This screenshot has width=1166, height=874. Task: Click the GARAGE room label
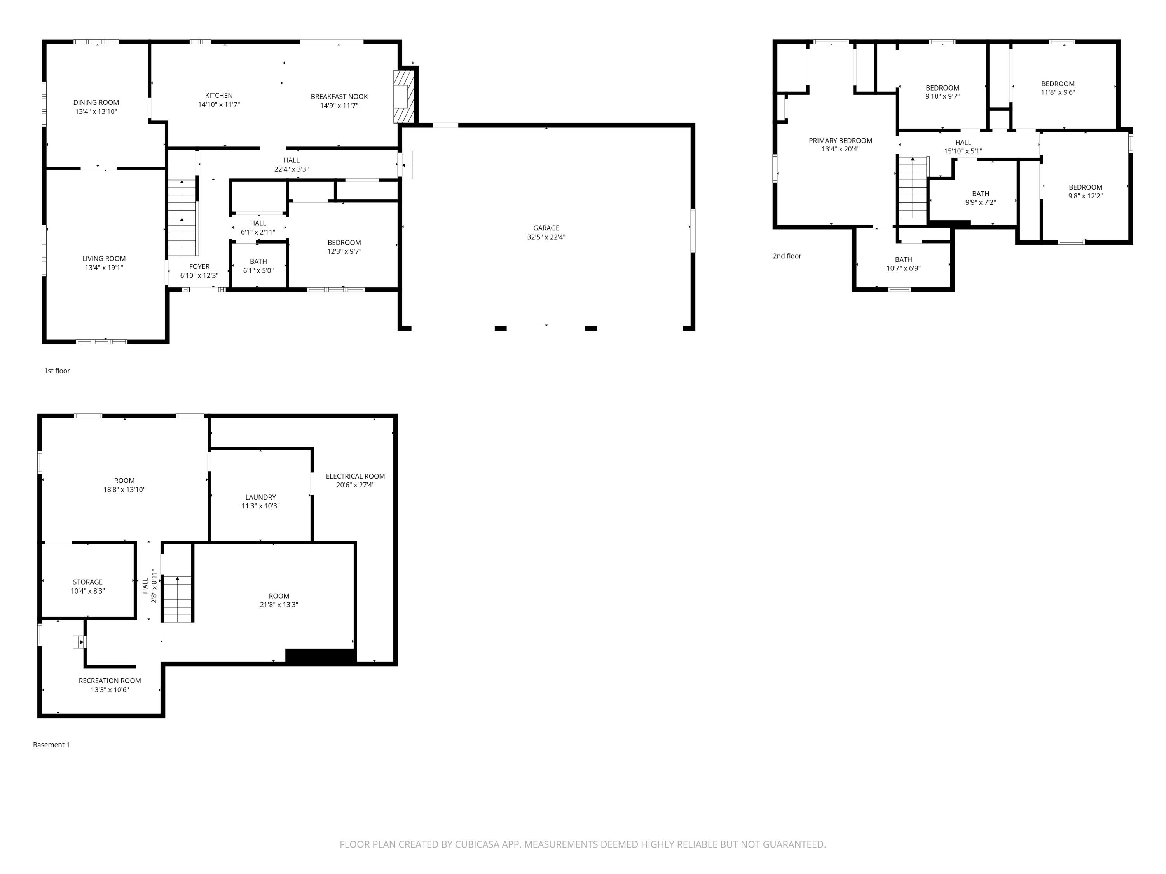pyautogui.click(x=546, y=228)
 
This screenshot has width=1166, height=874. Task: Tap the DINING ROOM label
pyautogui.click(x=96, y=103)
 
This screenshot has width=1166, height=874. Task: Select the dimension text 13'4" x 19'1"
pyautogui.click(x=104, y=268)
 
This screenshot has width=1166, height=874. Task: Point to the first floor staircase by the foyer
pyautogui.click(x=182, y=217)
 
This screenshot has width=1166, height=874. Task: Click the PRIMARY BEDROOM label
pyautogui.click(x=840, y=141)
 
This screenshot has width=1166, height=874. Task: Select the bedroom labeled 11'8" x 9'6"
pyautogui.click(x=1058, y=88)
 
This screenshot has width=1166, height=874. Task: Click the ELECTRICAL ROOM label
pyautogui.click(x=355, y=476)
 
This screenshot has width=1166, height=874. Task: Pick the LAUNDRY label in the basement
pyautogui.click(x=260, y=497)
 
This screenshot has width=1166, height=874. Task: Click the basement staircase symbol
pyautogui.click(x=177, y=599)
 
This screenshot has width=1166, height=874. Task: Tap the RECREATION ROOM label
pyautogui.click(x=110, y=681)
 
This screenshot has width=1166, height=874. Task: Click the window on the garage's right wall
pyautogui.click(x=693, y=230)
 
